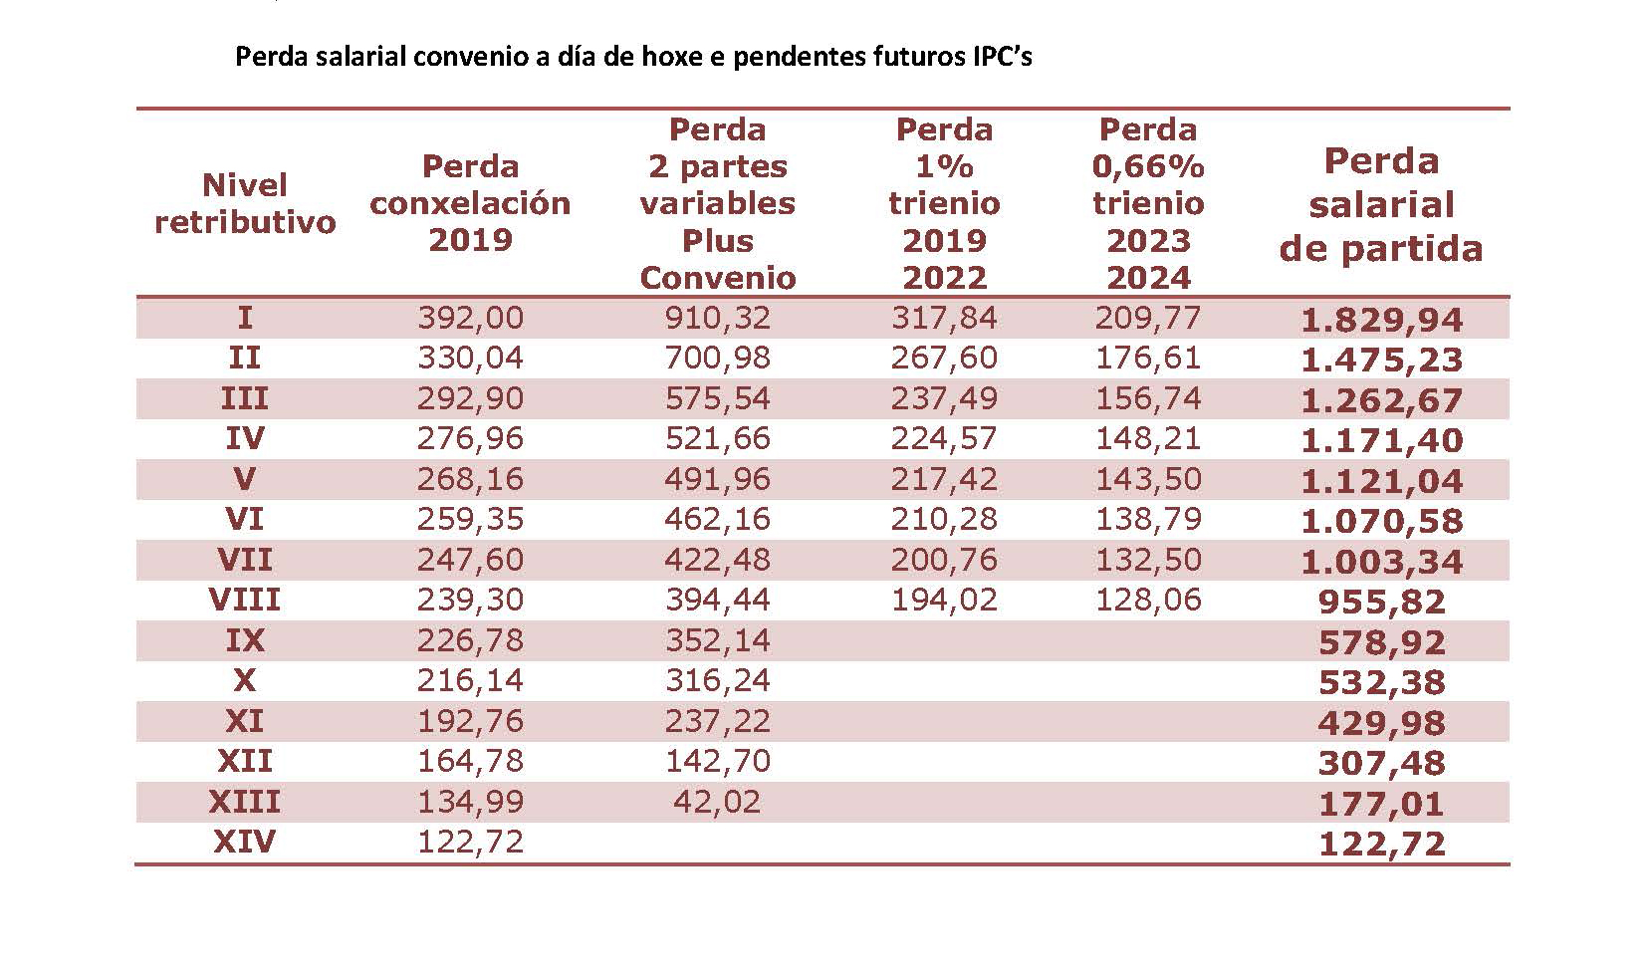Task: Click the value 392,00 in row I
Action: pyautogui.click(x=470, y=318)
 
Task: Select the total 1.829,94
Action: pyautogui.click(x=1381, y=320)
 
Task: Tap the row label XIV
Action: pyautogui.click(x=244, y=843)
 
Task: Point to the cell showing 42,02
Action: pyautogui.click(x=717, y=802)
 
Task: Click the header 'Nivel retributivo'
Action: pyautogui.click(x=244, y=203)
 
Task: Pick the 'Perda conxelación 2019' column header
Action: pyautogui.click(x=470, y=203)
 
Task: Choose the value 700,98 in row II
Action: pyautogui.click(x=717, y=358)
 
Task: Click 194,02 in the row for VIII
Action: pyautogui.click(x=944, y=600)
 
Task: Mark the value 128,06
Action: pyautogui.click(x=1148, y=600)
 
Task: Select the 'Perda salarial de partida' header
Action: pyautogui.click(x=1381, y=204)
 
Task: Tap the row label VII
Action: pyautogui.click(x=244, y=560)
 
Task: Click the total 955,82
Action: pyautogui.click(x=1381, y=602)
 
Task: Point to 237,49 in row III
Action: pyautogui.click(x=944, y=398)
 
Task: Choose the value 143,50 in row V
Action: pyautogui.click(x=1148, y=479)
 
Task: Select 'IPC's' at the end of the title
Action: pyautogui.click(x=1001, y=56)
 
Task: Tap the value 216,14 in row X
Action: pyautogui.click(x=470, y=680)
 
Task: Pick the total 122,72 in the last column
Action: pyautogui.click(x=1381, y=845)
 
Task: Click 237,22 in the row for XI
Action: pyautogui.click(x=717, y=721)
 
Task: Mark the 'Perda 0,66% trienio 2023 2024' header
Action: pyautogui.click(x=1148, y=203)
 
